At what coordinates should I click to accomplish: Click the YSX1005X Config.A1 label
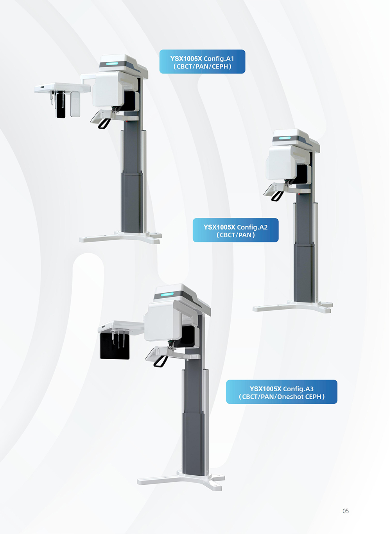[202, 61]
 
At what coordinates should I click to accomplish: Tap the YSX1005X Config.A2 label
[235, 230]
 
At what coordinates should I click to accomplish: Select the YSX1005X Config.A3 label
[282, 392]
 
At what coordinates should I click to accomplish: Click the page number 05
[346, 511]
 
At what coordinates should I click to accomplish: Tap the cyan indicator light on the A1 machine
[112, 64]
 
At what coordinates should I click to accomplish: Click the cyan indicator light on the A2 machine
[285, 138]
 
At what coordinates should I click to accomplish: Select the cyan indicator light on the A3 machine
[167, 295]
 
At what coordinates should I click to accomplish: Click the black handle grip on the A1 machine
[104, 124]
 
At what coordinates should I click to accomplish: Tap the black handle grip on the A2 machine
[278, 196]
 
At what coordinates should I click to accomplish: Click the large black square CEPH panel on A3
[115, 346]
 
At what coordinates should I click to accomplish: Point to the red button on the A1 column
[127, 121]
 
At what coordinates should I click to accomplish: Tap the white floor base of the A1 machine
[120, 237]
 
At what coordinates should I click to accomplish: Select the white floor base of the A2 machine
[293, 306]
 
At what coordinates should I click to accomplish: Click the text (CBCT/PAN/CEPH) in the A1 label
[202, 66]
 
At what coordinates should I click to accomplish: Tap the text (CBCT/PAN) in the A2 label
[235, 235]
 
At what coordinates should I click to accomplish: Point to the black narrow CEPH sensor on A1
[61, 105]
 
